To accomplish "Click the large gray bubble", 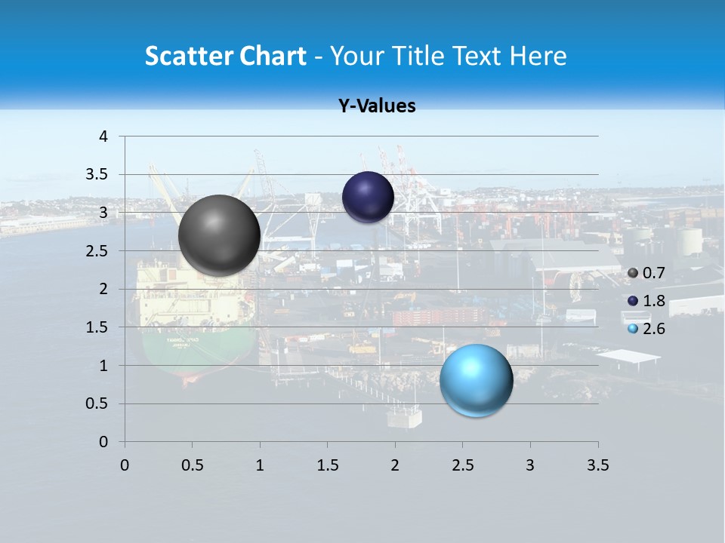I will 219,235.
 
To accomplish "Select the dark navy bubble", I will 368,198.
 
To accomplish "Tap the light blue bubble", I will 476,380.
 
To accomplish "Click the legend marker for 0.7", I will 633,273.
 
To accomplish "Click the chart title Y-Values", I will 376,106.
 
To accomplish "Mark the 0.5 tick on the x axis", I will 193,465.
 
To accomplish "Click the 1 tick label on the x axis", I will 260,465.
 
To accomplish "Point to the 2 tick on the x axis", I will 395,465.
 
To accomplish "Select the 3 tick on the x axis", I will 530,465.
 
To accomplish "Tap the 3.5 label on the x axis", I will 597,465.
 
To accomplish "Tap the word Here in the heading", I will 538,57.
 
